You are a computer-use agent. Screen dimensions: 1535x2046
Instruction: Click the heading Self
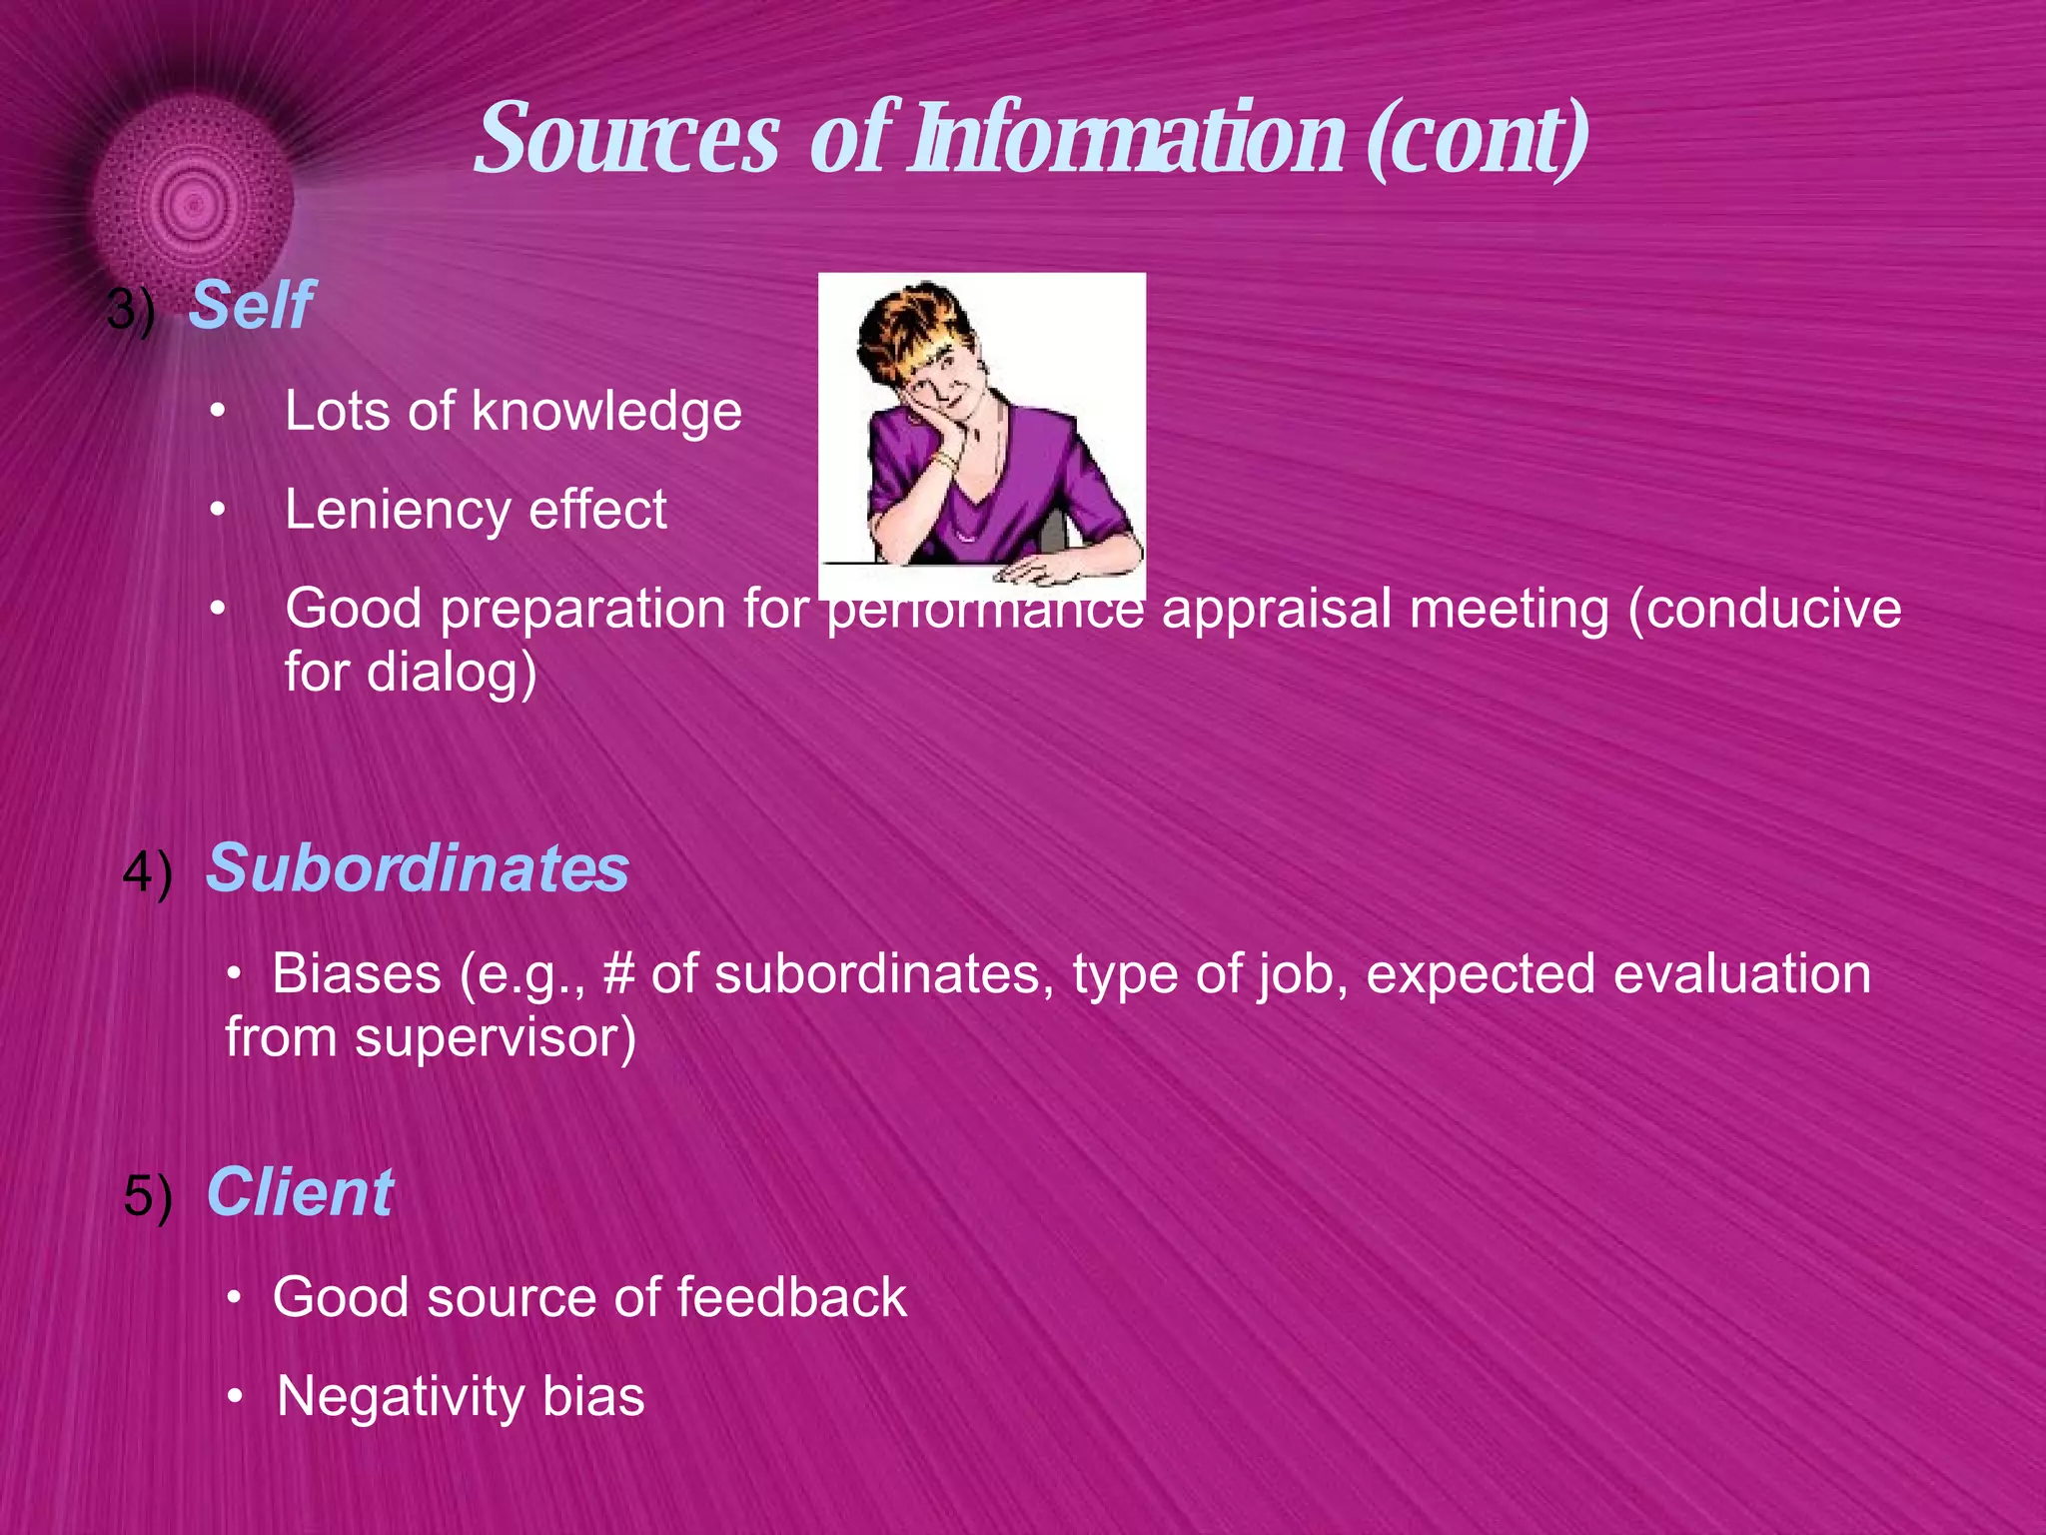251,305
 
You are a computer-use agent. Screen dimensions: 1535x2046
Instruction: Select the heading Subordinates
418,867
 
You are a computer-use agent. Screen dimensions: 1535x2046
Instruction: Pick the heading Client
300,1192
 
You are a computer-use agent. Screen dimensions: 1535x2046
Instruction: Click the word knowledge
606,412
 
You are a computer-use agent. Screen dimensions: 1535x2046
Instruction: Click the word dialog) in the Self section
452,672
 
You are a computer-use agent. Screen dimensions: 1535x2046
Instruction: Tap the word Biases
357,973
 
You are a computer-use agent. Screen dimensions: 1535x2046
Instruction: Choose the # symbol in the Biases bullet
618,973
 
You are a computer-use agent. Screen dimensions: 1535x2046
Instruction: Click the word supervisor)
495,1037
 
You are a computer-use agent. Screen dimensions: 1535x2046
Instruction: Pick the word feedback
791,1297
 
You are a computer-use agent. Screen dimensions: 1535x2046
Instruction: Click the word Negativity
400,1396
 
